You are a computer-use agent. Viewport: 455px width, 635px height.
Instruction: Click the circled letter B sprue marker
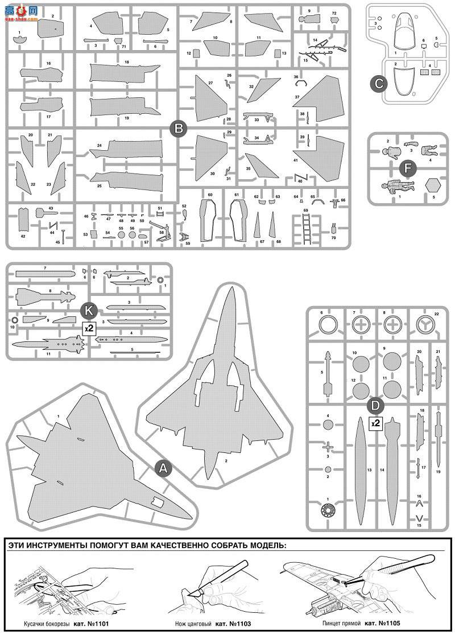pos(179,129)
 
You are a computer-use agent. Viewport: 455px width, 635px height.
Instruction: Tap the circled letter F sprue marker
pos(407,168)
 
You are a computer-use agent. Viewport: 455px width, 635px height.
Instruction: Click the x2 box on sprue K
pos(88,329)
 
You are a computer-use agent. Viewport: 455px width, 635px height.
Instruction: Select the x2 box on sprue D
pos(375,423)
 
